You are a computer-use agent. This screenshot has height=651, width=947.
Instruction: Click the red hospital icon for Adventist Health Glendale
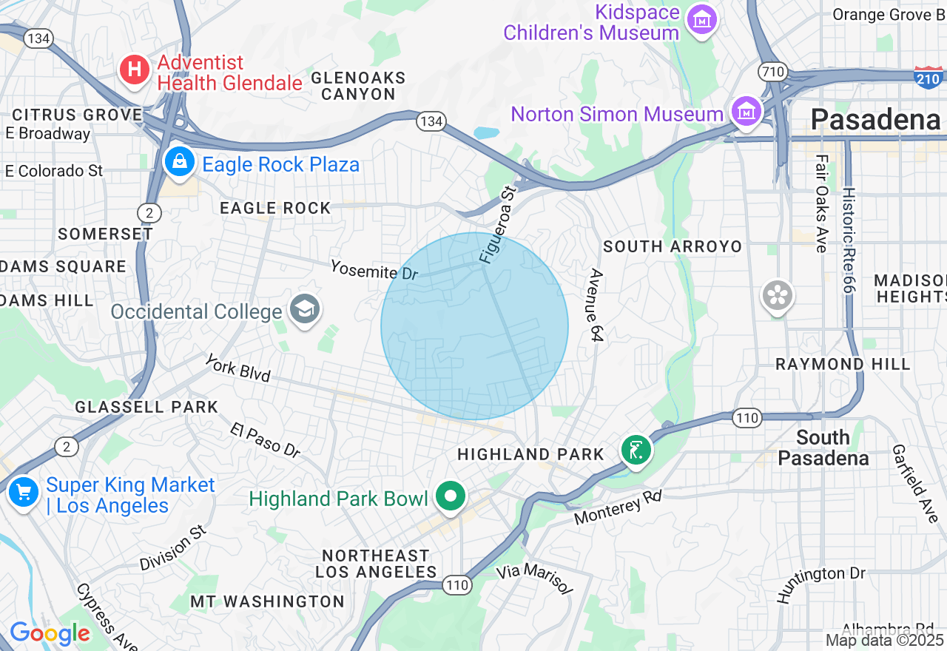pyautogui.click(x=134, y=70)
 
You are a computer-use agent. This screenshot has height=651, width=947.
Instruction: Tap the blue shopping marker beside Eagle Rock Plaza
pyautogui.click(x=179, y=161)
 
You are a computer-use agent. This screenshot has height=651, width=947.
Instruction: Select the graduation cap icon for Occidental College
pyautogui.click(x=304, y=308)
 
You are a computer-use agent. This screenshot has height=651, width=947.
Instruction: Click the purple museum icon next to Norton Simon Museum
pyautogui.click(x=747, y=112)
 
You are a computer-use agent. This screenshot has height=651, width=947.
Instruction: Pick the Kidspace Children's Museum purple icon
pyautogui.click(x=701, y=19)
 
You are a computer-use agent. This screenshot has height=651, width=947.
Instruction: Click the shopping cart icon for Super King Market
pyautogui.click(x=23, y=491)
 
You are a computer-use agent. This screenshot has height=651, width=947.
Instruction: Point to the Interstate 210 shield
pyautogui.click(x=929, y=78)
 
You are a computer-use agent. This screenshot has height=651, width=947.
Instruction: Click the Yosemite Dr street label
pyautogui.click(x=374, y=270)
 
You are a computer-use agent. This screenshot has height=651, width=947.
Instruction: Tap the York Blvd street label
pyautogui.click(x=237, y=368)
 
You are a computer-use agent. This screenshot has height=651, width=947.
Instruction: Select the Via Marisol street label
pyautogui.click(x=534, y=578)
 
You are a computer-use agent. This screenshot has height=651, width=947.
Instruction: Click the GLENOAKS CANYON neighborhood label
pyautogui.click(x=358, y=86)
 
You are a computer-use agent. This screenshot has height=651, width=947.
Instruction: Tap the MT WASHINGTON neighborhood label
pyautogui.click(x=267, y=601)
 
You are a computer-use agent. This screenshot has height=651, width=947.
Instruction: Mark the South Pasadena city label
pyautogui.click(x=823, y=448)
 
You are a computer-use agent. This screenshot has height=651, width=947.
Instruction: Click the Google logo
pyautogui.click(x=50, y=633)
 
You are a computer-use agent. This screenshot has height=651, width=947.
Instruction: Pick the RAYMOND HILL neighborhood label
pyautogui.click(x=843, y=364)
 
